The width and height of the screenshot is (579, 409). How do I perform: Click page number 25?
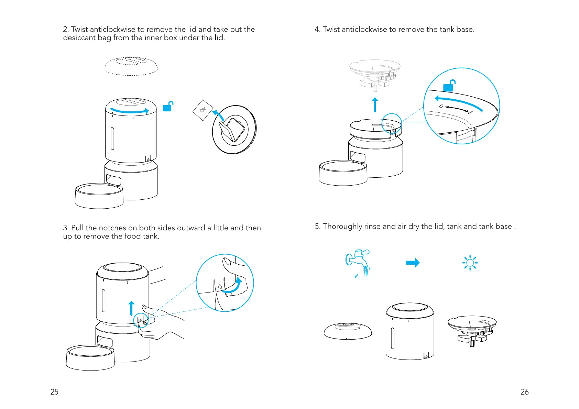click(54, 392)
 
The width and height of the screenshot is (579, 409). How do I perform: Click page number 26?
click(524, 392)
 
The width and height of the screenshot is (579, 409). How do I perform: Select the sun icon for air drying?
click(470, 263)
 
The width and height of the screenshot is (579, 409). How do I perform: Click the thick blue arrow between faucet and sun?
click(413, 263)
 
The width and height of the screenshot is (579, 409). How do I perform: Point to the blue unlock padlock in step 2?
click(168, 107)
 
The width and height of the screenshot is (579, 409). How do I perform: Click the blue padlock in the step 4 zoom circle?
click(449, 86)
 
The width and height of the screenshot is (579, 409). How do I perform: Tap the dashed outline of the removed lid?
click(131, 66)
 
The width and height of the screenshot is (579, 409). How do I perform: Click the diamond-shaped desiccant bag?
click(203, 110)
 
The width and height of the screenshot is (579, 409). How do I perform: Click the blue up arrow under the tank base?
click(375, 105)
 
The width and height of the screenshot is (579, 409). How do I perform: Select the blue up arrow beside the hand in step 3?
click(131, 308)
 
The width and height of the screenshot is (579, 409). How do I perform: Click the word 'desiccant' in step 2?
click(79, 38)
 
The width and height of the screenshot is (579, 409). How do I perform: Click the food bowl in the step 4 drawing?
click(343, 173)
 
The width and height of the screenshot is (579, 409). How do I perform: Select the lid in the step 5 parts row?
click(348, 331)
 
